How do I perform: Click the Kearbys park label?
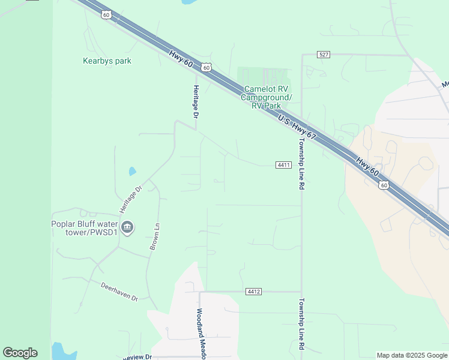[x=107, y=61]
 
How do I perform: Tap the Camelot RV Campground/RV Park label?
[x=267, y=97]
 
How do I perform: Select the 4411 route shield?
[x=284, y=165]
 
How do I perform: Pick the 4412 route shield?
[x=253, y=292]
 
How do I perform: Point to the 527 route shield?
[x=324, y=55]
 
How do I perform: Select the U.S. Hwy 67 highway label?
[x=297, y=128]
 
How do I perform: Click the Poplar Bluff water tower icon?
[x=127, y=227]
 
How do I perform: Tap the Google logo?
[x=20, y=353]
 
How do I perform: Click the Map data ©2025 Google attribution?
[x=412, y=355]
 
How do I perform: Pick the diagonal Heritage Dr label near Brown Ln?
[x=130, y=199]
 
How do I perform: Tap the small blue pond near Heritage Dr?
[x=132, y=171]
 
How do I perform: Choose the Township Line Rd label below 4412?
[x=301, y=325]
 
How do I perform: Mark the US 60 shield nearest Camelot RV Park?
[x=206, y=68]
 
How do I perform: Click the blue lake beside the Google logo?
[x=58, y=351]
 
